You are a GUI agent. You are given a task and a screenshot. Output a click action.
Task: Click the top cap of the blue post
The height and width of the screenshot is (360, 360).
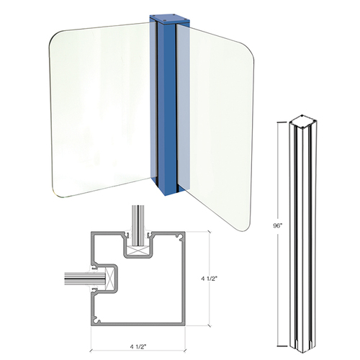(x=165, y=16)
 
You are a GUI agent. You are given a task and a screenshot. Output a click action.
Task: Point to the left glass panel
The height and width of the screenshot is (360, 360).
(x=101, y=108)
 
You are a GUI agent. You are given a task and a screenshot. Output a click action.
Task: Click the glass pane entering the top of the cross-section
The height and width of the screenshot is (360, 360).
(x=137, y=220)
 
